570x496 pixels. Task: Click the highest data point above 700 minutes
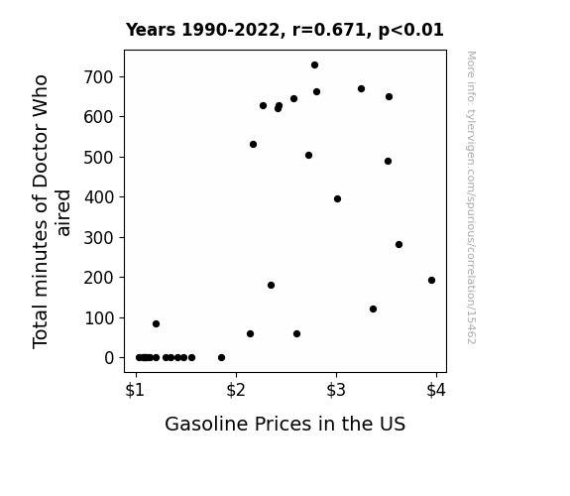[315, 65]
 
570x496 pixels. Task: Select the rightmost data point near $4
[431, 280]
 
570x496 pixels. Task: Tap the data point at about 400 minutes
[337, 199]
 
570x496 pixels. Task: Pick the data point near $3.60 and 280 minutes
[399, 245]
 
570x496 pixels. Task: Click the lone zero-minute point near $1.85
[221, 358]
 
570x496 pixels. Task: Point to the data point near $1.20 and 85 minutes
[156, 323]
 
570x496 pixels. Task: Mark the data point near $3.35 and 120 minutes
[373, 309]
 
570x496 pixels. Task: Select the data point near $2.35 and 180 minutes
[271, 286]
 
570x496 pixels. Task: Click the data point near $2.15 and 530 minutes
[254, 145]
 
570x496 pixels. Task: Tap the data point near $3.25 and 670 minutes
[361, 89]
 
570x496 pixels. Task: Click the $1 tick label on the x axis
[135, 391]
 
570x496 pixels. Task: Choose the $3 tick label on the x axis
[336, 391]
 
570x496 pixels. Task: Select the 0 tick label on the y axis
[109, 358]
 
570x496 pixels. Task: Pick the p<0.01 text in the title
[410, 31]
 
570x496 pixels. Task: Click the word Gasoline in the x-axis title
[207, 424]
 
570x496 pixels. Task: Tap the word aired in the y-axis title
[63, 212]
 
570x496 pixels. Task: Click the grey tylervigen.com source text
[471, 197]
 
